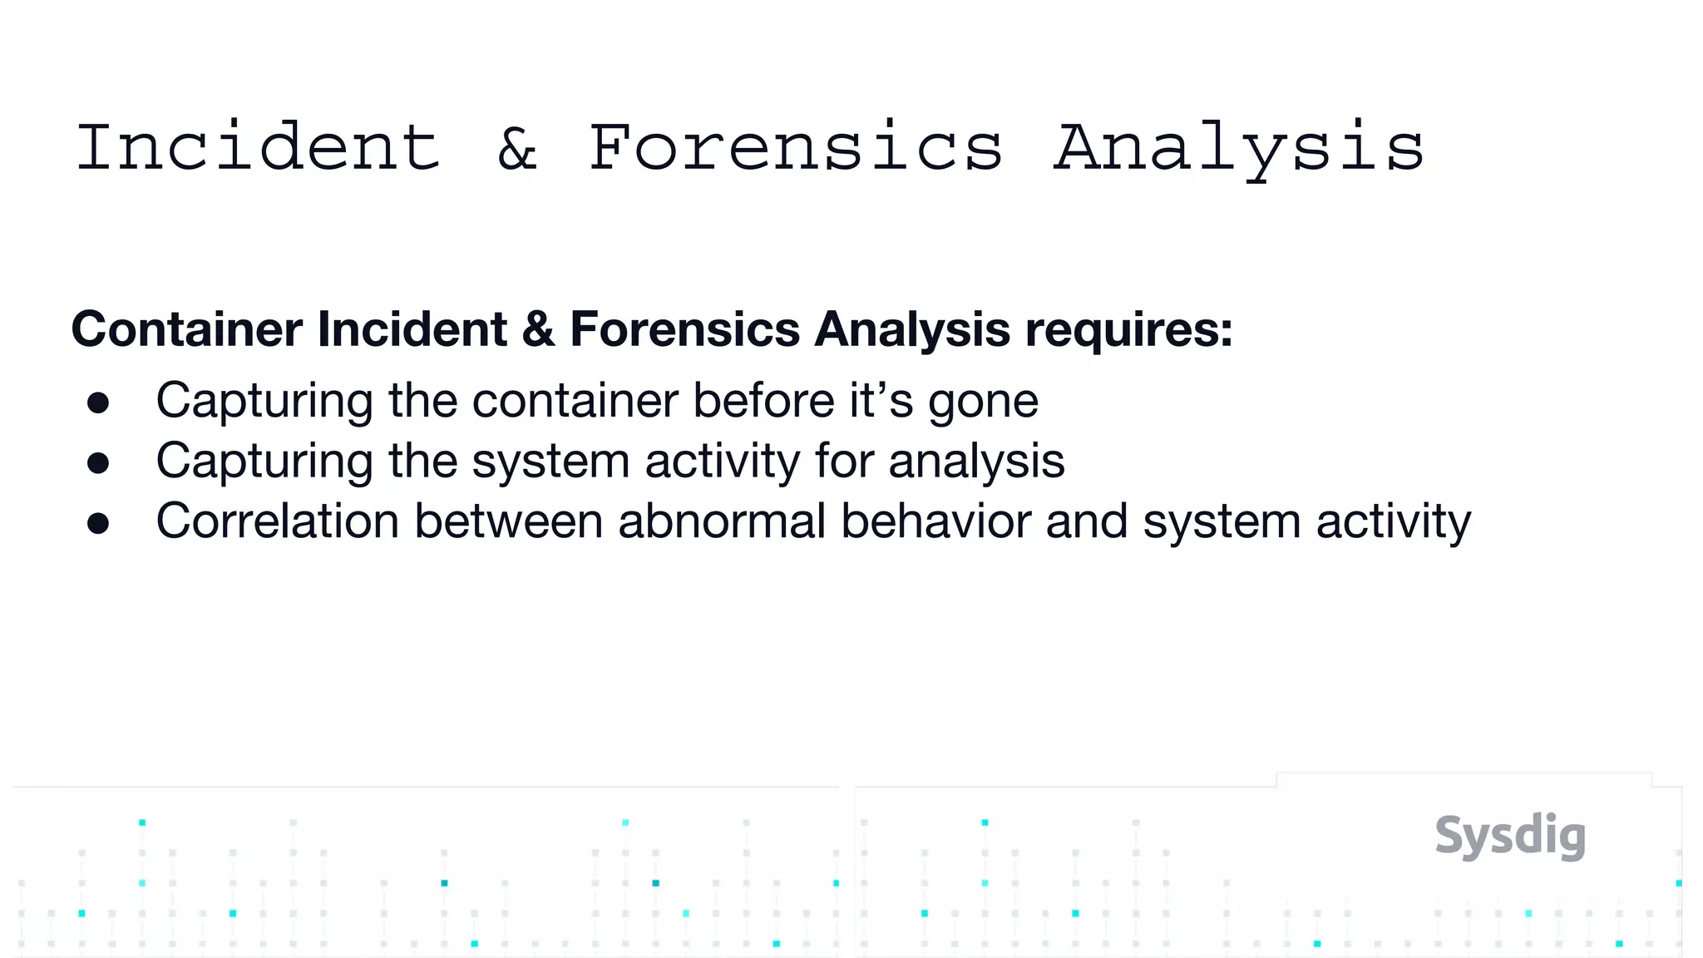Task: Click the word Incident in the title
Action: pyautogui.click(x=258, y=148)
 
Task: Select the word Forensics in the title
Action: pyautogui.click(x=796, y=148)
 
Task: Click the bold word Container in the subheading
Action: pyautogui.click(x=187, y=329)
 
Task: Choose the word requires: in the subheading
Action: pyautogui.click(x=1128, y=330)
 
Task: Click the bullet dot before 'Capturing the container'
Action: pyautogui.click(x=98, y=403)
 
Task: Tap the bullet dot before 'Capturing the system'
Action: pyautogui.click(x=98, y=463)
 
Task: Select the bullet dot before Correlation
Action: pyautogui.click(x=98, y=523)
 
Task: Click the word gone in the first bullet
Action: pyautogui.click(x=983, y=402)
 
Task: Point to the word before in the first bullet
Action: pyautogui.click(x=763, y=401)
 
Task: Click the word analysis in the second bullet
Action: pyautogui.click(x=976, y=462)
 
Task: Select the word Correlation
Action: pyautogui.click(x=278, y=521)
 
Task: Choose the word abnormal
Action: pyautogui.click(x=722, y=521)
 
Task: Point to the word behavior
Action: pyautogui.click(x=935, y=521)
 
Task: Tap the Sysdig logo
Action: pyautogui.click(x=1510, y=836)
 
